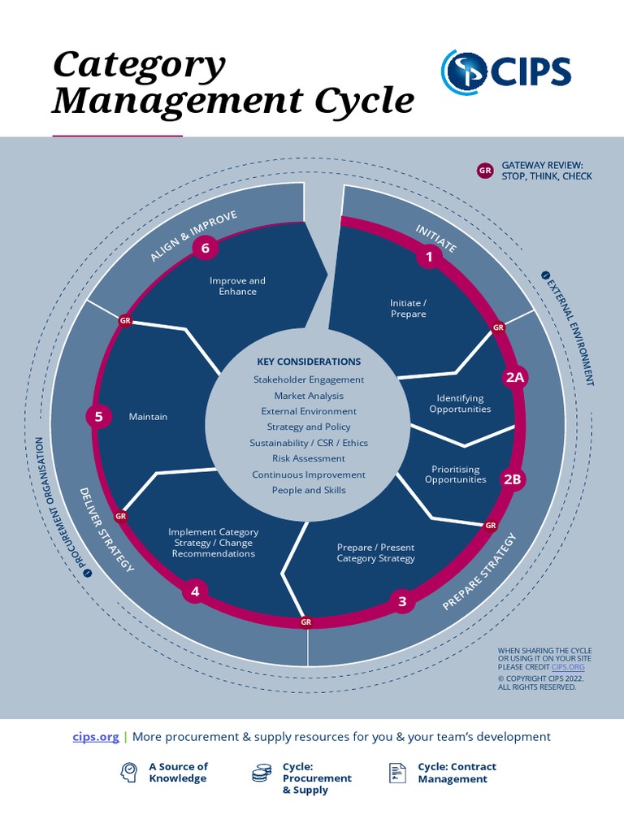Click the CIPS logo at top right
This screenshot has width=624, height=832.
click(x=506, y=71)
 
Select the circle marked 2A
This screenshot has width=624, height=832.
click(x=515, y=377)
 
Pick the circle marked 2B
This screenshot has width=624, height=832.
click(x=512, y=479)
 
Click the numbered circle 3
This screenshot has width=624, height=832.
click(x=401, y=602)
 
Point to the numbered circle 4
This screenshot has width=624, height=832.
click(x=195, y=591)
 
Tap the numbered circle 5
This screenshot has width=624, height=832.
click(x=98, y=417)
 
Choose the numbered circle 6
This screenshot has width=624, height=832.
click(x=206, y=248)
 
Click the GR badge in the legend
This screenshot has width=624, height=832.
click(x=485, y=171)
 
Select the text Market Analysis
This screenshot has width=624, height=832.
click(x=309, y=396)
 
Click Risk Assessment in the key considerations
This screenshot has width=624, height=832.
click(x=309, y=458)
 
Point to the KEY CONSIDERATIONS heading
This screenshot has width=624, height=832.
click(x=309, y=362)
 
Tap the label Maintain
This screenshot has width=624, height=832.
click(x=148, y=417)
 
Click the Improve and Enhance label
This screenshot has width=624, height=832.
click(x=237, y=286)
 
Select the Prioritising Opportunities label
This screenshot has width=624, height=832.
click(x=456, y=474)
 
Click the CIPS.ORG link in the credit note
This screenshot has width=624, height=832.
click(x=568, y=666)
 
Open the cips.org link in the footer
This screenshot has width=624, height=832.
click(x=96, y=737)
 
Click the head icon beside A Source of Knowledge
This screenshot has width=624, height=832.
click(x=128, y=773)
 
